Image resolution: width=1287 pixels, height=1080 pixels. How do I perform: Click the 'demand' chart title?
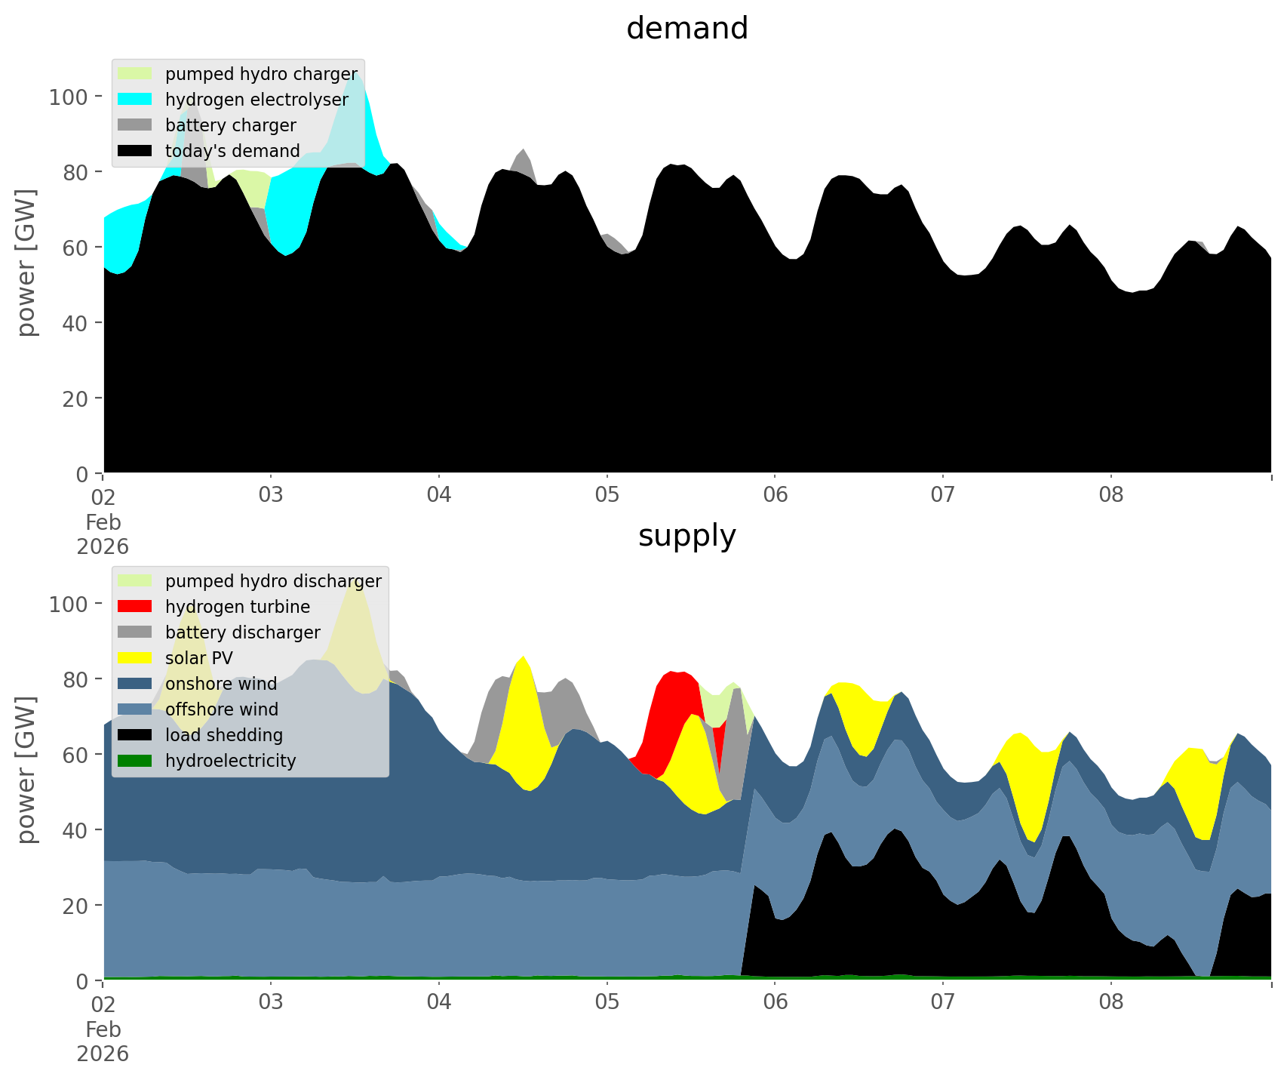(x=687, y=29)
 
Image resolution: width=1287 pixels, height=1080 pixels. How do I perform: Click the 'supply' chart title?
(x=687, y=536)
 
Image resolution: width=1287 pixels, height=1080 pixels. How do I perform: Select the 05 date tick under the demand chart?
(x=607, y=495)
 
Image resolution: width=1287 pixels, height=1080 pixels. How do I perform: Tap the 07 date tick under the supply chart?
(x=942, y=1002)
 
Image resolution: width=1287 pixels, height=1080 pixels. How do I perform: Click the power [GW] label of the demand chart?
(x=26, y=263)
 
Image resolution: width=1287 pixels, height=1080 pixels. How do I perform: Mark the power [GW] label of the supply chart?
(x=26, y=770)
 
